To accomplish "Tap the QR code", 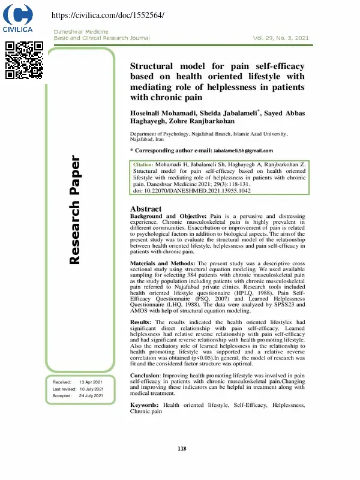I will pos(24,60).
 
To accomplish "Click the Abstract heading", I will pos(146,209).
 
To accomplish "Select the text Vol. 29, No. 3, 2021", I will pos(281,38).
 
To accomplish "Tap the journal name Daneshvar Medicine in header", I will pos(82,31).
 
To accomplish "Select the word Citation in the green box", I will pos(143,164).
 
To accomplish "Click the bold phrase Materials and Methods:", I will pos(162,263).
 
